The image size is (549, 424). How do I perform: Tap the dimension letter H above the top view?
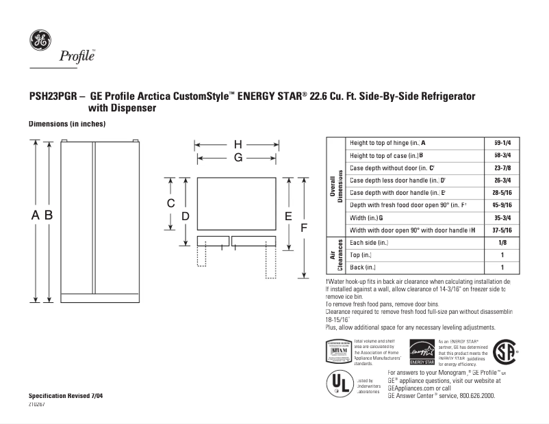238,144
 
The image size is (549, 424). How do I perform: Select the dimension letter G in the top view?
238,158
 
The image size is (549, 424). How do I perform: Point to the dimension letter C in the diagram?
171,204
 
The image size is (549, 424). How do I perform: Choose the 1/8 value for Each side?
502,243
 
